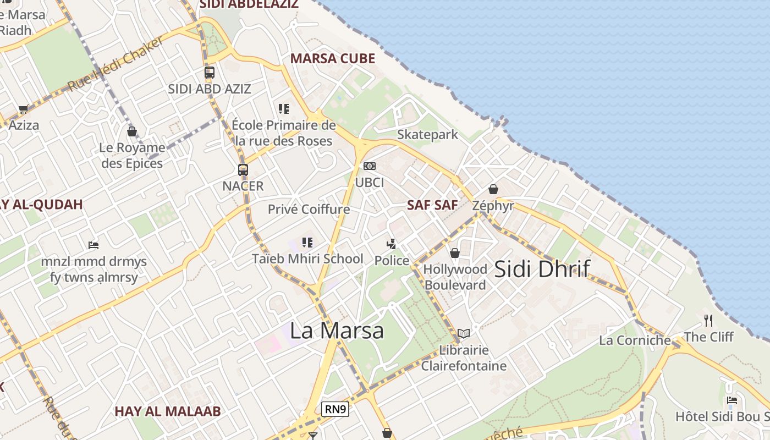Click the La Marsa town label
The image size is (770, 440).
pyautogui.click(x=337, y=331)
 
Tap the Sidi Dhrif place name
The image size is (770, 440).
pyautogui.click(x=542, y=269)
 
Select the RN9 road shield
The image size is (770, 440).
pyautogui.click(x=335, y=409)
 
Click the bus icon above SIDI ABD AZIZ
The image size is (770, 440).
pyautogui.click(x=209, y=73)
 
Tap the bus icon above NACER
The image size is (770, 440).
pyautogui.click(x=243, y=170)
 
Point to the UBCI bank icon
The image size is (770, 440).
pyautogui.click(x=369, y=166)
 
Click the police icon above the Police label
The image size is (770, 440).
pyautogui.click(x=392, y=244)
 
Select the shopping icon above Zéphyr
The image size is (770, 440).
pyautogui.click(x=493, y=189)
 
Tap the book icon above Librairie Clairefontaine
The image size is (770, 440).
pyautogui.click(x=464, y=333)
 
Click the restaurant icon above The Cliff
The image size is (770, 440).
pyautogui.click(x=708, y=320)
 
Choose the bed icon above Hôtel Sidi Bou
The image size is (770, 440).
pyautogui.click(x=732, y=400)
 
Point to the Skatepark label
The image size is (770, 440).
pyautogui.click(x=427, y=135)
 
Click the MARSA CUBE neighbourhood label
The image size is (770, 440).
pyautogui.click(x=333, y=58)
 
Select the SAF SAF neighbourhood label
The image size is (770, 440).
pyautogui.click(x=432, y=205)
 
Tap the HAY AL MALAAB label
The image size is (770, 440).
pyautogui.click(x=168, y=411)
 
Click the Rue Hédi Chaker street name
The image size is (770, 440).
pyautogui.click(x=116, y=64)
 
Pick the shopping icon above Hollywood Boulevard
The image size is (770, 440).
pyautogui.click(x=455, y=253)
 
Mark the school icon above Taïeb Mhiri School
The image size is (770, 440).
pyautogui.click(x=307, y=242)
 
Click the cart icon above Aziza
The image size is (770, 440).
pyautogui.click(x=23, y=109)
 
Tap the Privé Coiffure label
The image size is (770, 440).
pyautogui.click(x=309, y=209)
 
